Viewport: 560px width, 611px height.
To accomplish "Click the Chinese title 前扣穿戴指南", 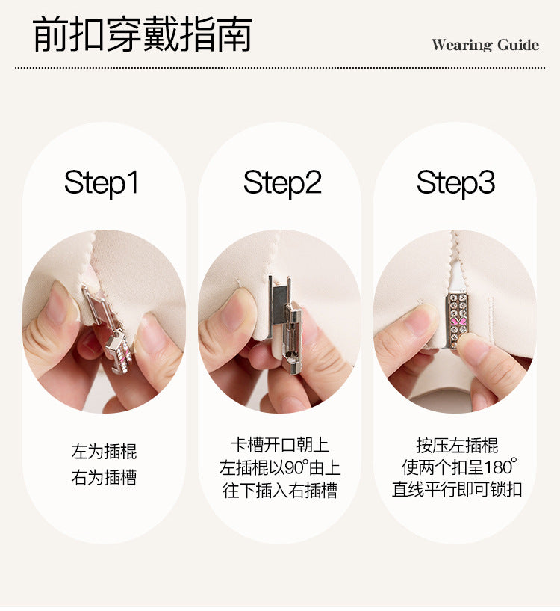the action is click(142, 34).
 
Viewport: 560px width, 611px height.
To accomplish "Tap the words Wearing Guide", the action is click(485, 45).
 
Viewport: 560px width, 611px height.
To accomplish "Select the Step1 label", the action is click(102, 182).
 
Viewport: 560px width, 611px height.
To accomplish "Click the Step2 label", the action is click(282, 182).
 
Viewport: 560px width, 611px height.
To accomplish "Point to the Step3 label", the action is click(455, 182).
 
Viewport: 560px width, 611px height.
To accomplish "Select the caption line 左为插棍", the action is click(104, 452).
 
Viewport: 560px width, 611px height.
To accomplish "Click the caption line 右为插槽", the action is click(104, 477).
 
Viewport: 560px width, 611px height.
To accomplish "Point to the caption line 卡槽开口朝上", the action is click(280, 445).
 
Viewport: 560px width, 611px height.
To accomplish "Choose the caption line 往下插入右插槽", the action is click(280, 490).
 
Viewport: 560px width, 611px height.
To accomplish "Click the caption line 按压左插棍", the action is click(457, 445).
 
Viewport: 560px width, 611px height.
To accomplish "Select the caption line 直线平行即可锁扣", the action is click(457, 490).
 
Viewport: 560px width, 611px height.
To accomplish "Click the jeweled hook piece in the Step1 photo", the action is click(119, 353).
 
